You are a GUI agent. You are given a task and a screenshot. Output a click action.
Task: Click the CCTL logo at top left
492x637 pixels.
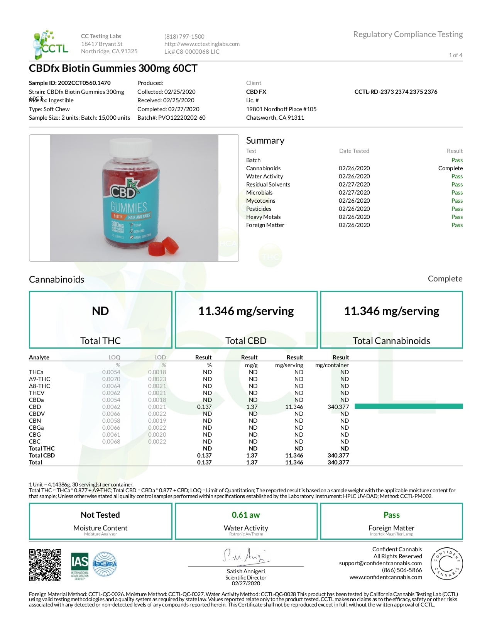50,44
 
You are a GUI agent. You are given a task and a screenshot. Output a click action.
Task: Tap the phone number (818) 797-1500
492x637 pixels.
184,37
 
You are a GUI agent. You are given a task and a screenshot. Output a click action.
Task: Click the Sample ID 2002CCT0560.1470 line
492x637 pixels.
70,83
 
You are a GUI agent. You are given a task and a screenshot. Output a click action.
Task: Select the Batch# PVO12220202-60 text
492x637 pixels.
171,118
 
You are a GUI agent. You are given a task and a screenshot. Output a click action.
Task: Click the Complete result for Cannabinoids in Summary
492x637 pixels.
450,168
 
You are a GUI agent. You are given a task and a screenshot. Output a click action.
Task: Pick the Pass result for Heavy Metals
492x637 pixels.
457,217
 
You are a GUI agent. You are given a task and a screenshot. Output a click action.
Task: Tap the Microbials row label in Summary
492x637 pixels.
259,193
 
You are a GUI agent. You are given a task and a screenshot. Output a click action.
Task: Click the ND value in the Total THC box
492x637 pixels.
100,311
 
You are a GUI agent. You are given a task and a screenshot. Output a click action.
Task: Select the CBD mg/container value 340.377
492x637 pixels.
338,407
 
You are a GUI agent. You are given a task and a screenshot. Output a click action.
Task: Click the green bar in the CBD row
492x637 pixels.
408,406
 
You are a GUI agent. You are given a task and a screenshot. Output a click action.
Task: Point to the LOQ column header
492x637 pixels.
114,357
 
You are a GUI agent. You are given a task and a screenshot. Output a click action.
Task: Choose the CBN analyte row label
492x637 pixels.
35,421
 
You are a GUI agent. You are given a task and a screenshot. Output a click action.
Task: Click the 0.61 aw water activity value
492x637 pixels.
246,515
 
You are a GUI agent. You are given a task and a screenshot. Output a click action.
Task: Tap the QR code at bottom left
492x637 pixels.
45,565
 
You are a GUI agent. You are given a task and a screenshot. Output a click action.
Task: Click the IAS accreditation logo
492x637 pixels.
79,565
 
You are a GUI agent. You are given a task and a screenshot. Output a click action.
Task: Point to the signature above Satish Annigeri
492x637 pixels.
245,556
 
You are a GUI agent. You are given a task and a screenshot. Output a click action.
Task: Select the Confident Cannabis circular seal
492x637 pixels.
446,564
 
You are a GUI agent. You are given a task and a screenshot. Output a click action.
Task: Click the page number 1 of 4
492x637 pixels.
455,55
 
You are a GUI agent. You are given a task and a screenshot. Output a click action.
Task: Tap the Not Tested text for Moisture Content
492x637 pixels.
100,515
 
